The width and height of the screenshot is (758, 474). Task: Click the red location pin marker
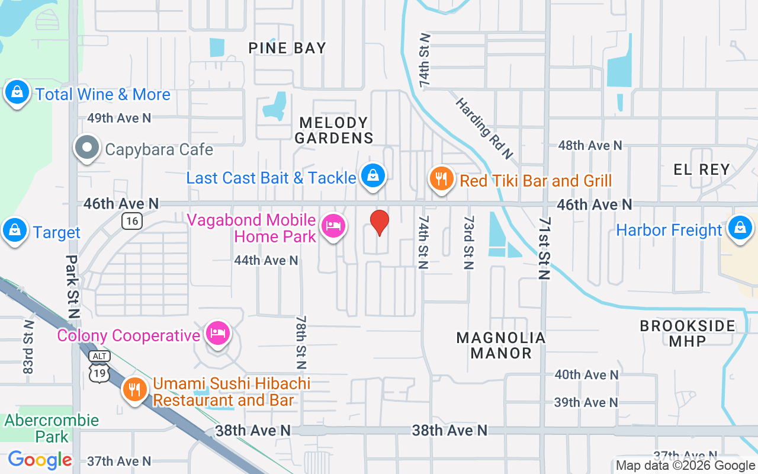(x=380, y=223)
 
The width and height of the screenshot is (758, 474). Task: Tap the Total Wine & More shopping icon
(x=18, y=93)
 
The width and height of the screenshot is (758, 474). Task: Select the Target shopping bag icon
(x=15, y=231)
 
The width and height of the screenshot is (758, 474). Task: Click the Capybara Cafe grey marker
(x=88, y=148)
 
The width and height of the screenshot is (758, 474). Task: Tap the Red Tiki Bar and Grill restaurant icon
(x=441, y=179)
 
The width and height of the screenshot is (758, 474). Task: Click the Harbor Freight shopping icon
(x=740, y=228)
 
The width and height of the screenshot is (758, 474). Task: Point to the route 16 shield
(x=132, y=222)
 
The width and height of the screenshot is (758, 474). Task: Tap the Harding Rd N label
(x=483, y=129)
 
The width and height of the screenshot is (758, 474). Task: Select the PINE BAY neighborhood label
(x=287, y=48)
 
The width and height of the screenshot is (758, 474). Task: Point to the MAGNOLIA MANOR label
(x=501, y=345)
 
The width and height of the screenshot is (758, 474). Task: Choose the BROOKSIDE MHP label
(x=688, y=334)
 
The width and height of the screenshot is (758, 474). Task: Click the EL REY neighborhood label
(x=702, y=169)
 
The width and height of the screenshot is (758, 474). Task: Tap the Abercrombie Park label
(x=52, y=428)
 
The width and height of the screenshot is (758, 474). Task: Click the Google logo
(x=40, y=459)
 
